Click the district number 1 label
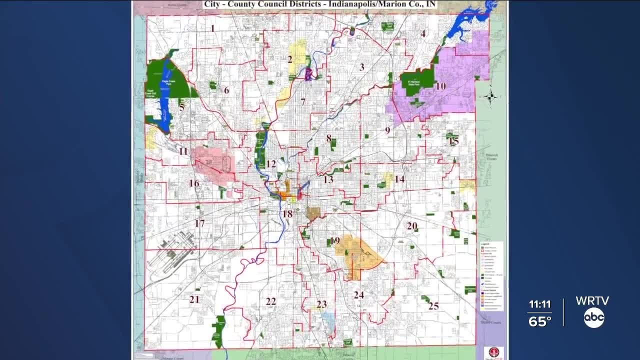click(212, 28)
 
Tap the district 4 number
click(423, 34)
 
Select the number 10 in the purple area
click(440, 86)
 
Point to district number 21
click(194, 299)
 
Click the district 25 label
click(433, 305)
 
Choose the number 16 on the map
click(194, 183)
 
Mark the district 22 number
click(270, 301)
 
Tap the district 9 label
click(387, 130)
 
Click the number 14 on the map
click(399, 179)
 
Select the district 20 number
click(412, 226)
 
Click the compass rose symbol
click(490, 96)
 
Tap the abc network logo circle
click(594, 318)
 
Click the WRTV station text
click(592, 301)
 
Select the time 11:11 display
click(539, 304)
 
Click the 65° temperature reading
click(539, 321)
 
